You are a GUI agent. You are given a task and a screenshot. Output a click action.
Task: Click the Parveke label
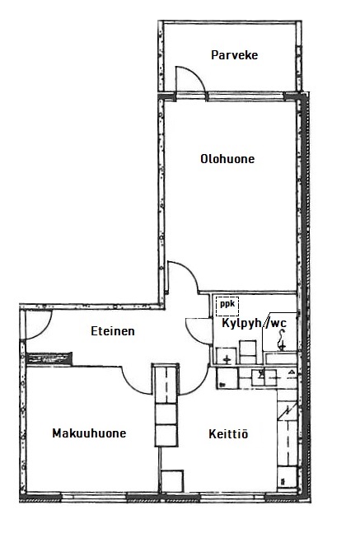234,55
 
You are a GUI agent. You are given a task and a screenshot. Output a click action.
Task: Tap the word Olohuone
227,159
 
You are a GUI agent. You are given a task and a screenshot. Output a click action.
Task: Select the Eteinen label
113,331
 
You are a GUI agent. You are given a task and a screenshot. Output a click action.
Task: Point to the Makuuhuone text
89,433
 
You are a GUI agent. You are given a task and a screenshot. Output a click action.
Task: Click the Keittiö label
228,433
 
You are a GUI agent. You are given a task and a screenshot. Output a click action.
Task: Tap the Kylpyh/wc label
254,323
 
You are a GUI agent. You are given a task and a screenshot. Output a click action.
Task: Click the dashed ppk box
227,306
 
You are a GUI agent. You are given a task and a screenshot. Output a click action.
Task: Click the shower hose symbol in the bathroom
283,340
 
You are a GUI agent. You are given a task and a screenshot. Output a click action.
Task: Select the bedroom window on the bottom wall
94,497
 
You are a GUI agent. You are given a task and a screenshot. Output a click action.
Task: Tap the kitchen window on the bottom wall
232,497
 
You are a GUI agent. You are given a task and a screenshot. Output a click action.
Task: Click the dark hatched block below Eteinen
49,358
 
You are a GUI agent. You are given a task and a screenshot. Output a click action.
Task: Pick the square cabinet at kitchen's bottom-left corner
172,481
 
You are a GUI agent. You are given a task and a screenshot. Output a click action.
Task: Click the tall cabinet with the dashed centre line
166,384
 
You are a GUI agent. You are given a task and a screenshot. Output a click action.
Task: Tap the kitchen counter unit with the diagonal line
288,410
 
